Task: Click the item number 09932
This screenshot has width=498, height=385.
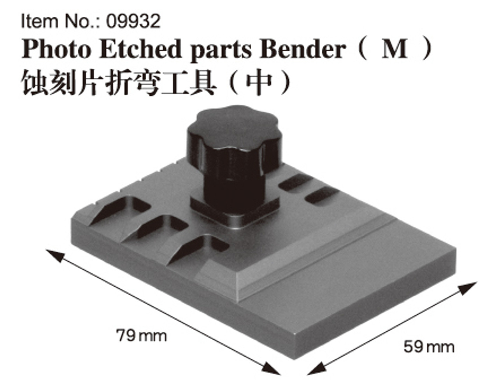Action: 133,21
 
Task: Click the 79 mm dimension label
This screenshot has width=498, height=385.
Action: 141,335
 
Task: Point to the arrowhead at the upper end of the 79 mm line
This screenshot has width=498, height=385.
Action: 53,255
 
